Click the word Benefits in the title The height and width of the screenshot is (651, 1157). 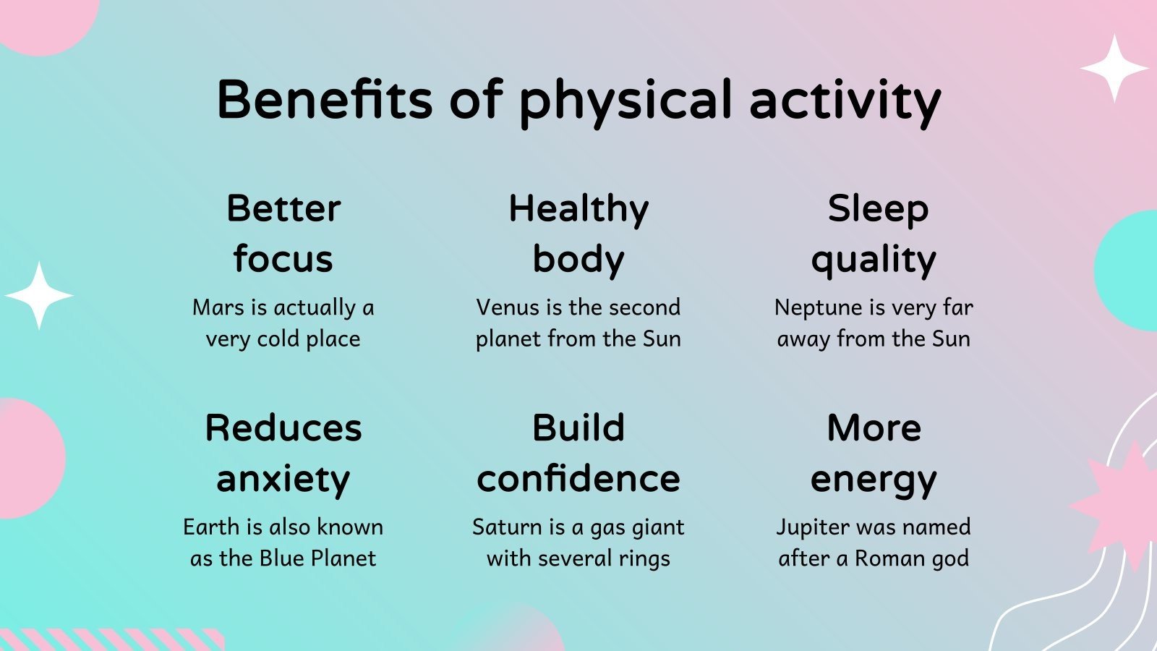[324, 99]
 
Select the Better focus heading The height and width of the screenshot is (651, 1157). [283, 233]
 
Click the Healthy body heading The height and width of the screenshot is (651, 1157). [578, 233]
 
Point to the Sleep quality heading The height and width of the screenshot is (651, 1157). [874, 233]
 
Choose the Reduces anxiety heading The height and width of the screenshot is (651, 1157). [283, 453]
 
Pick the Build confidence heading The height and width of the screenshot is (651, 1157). [578, 453]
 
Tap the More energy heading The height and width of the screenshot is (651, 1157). [874, 453]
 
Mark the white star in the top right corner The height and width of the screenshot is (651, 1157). [1114, 68]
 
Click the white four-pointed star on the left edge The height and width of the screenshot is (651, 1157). [39, 296]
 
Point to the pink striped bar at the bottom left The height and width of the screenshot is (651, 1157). [108, 640]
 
